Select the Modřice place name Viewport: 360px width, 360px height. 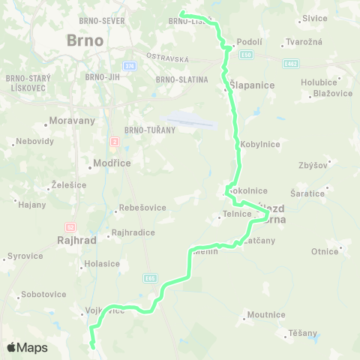click(x=110, y=163)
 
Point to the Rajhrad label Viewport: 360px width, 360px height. click(x=74, y=241)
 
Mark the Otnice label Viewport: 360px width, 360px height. click(x=325, y=251)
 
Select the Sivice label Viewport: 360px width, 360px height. click(x=315, y=17)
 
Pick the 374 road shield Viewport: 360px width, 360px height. click(x=130, y=66)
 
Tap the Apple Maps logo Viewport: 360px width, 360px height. click(x=27, y=347)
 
